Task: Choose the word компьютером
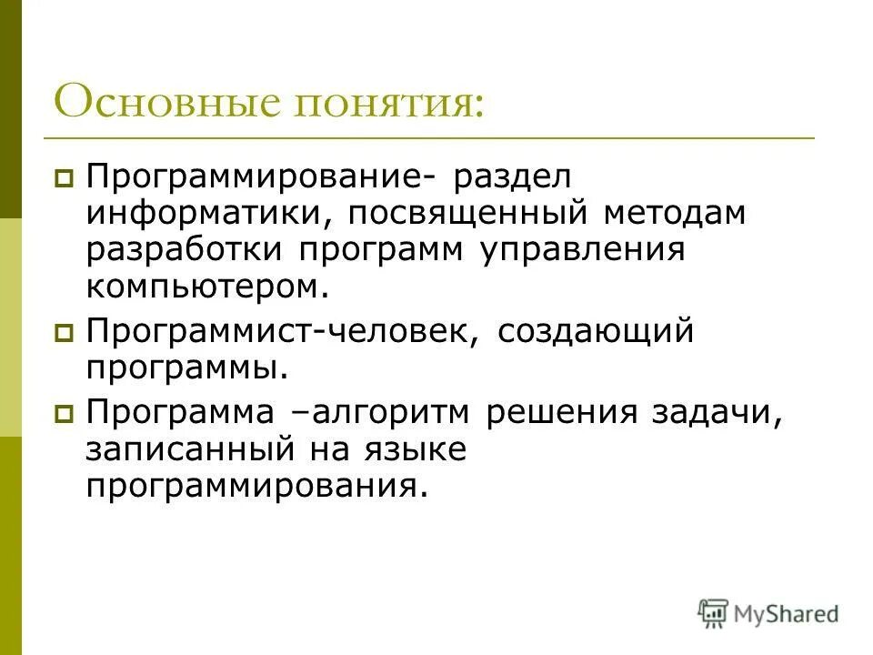pyautogui.click(x=206, y=287)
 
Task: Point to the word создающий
pyautogui.click(x=596, y=332)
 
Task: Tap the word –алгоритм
pyautogui.click(x=390, y=414)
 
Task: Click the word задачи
pyautogui.click(x=731, y=414)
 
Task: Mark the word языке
pyautogui.click(x=418, y=450)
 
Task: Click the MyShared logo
pyautogui.click(x=768, y=613)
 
